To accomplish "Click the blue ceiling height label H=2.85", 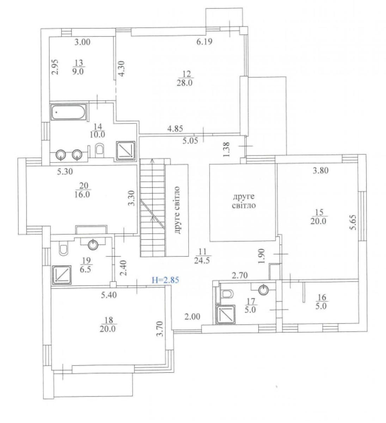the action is tap(165, 280).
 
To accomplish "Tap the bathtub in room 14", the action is tap(68, 112).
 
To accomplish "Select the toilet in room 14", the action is tap(99, 151).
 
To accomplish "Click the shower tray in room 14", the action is tap(126, 151).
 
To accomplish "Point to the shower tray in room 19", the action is tap(62, 275).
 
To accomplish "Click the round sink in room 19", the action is tap(93, 245).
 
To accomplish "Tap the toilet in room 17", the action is tap(227, 294).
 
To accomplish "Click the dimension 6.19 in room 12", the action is tap(204, 42).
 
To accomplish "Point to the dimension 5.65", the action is tap(354, 222).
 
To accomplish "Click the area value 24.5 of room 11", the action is tap(202, 261).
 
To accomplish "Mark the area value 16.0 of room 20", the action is tap(82, 195).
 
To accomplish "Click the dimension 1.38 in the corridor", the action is tap(226, 149).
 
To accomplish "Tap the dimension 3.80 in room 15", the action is tap(320, 170).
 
